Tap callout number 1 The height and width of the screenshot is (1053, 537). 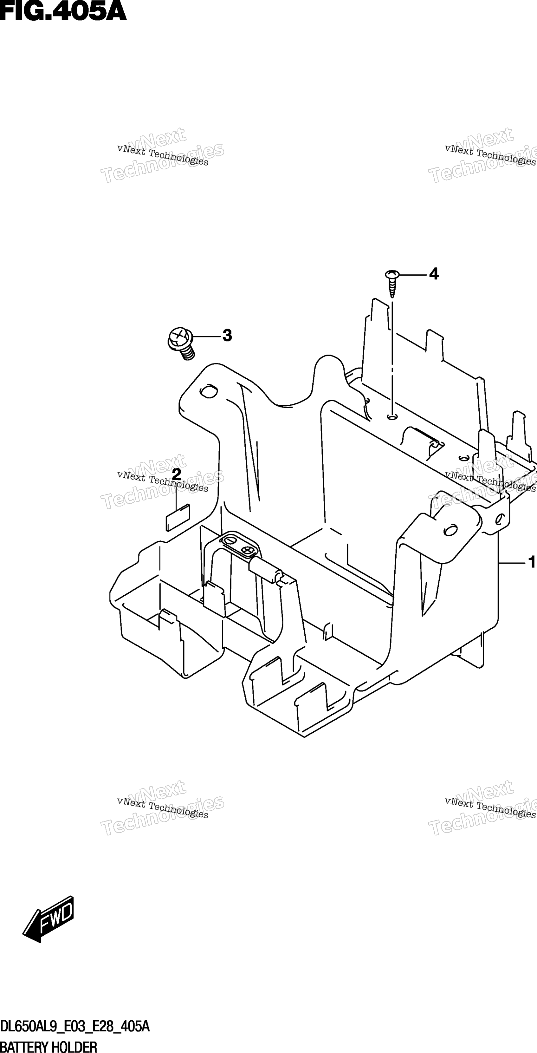point(532,562)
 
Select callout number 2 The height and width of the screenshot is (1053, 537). point(176,474)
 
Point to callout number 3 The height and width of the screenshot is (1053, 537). point(227,336)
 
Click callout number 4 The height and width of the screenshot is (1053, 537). point(434,274)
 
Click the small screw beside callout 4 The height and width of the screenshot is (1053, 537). point(392,283)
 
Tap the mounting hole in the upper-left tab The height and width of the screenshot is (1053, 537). point(208,391)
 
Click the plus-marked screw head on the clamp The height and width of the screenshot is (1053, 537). point(248,550)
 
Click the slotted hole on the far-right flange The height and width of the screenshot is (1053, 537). point(499,519)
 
